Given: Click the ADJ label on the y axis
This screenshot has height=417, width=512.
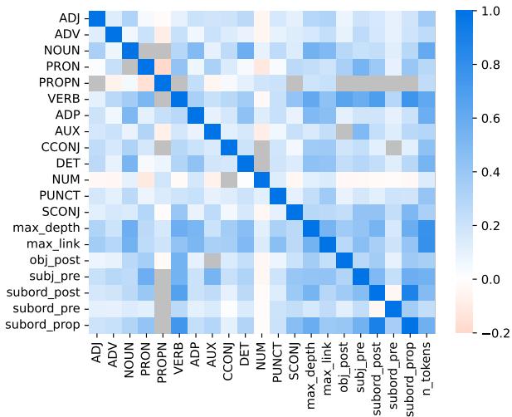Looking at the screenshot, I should point(70,18).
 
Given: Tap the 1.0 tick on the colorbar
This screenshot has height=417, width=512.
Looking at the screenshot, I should point(485,12).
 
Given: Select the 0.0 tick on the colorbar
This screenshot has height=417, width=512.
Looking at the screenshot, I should point(485,279).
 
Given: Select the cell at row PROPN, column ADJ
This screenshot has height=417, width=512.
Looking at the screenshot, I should point(98,83).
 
